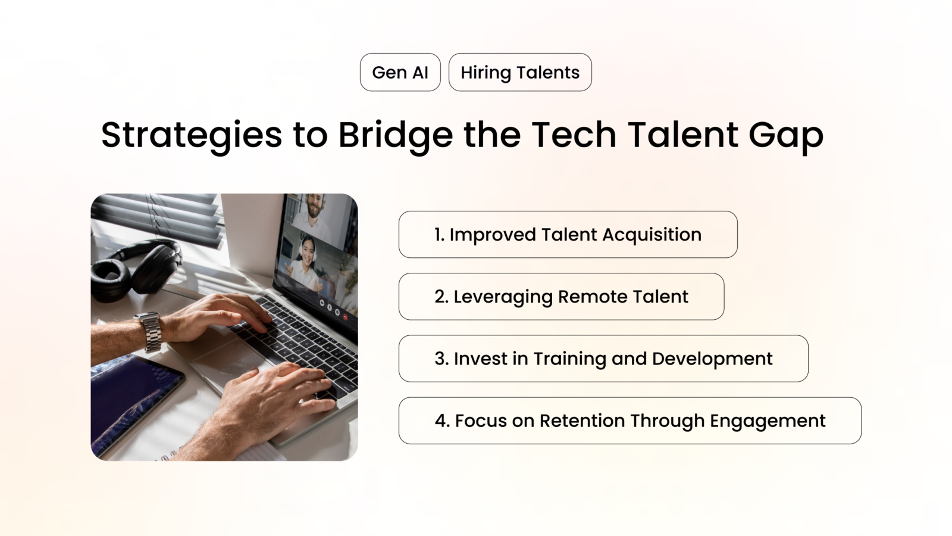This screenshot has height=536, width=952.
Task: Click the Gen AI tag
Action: [x=400, y=72]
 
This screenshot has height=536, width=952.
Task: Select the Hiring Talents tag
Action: [x=520, y=72]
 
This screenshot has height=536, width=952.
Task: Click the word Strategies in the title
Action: [x=191, y=135]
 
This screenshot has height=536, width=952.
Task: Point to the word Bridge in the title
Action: [x=395, y=135]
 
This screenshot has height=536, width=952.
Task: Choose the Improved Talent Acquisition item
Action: [x=568, y=235]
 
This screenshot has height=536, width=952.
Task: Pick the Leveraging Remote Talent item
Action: [x=561, y=297]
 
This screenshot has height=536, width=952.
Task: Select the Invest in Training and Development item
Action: [x=603, y=359]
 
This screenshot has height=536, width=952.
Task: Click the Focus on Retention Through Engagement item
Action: [x=630, y=420]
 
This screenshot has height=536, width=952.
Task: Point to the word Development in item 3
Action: [x=712, y=359]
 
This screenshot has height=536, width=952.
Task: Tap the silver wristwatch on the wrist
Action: [x=149, y=332]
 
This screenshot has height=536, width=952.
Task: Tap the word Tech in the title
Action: [x=574, y=135]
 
